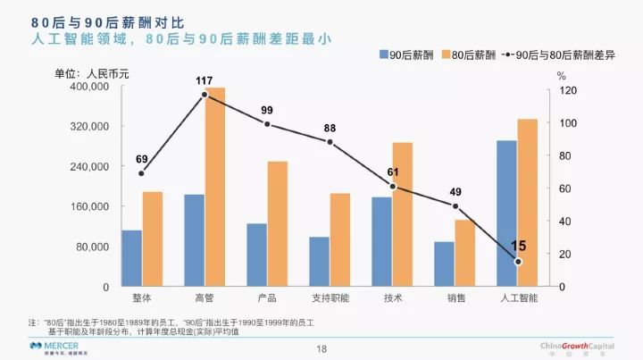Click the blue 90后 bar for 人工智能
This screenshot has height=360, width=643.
[x=506, y=213]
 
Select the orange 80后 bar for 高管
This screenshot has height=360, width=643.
[x=215, y=187]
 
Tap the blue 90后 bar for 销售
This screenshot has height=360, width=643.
[x=444, y=264]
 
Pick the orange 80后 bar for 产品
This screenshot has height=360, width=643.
[x=278, y=223]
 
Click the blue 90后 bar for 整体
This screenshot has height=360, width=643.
[x=131, y=258]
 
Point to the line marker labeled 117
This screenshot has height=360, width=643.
[x=205, y=95]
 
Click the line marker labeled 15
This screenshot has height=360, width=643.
[x=517, y=262]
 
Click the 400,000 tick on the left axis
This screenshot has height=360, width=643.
[x=88, y=88]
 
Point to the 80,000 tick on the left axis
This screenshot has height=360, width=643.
[x=91, y=247]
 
